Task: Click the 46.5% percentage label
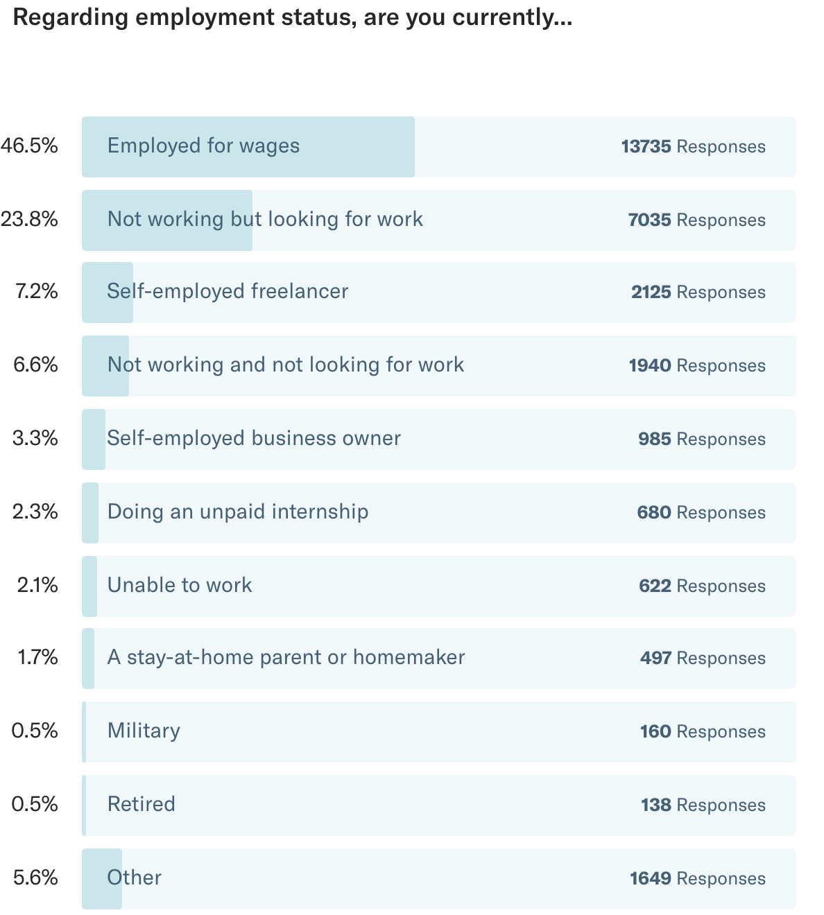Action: [x=30, y=146]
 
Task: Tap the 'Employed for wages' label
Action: [x=203, y=146]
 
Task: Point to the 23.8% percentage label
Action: [x=30, y=220]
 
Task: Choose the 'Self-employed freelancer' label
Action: [x=228, y=292]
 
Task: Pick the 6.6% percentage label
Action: [x=35, y=365]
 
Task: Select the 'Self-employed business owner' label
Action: [x=254, y=439]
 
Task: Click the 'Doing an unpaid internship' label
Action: [x=238, y=512]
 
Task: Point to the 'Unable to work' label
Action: [x=180, y=586]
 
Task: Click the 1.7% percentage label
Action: [x=37, y=658]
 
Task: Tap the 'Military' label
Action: [x=144, y=731]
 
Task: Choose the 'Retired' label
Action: [x=141, y=805]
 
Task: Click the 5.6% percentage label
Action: [x=35, y=878]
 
